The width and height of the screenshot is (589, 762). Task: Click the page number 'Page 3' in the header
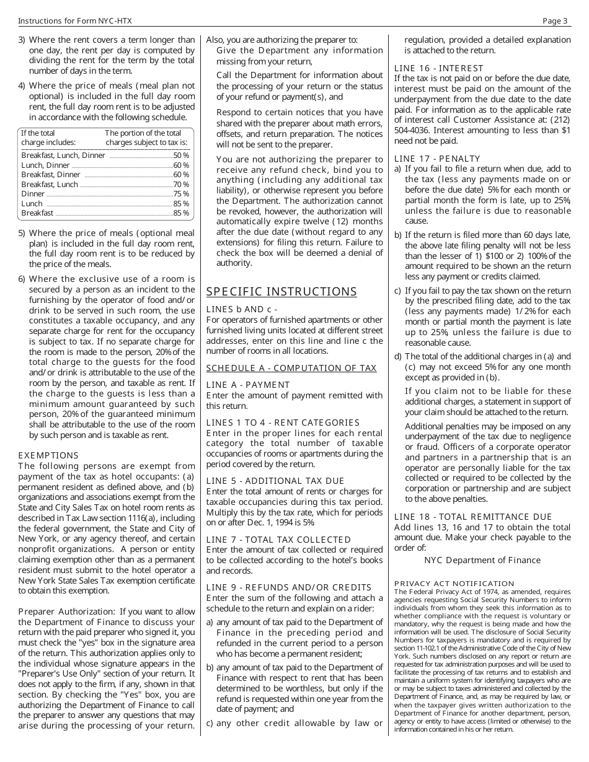click(x=555, y=21)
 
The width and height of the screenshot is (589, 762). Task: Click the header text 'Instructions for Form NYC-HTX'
click(x=75, y=21)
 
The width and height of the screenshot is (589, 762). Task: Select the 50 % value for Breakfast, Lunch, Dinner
click(x=181, y=155)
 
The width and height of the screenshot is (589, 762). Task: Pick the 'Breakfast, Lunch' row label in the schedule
click(x=50, y=184)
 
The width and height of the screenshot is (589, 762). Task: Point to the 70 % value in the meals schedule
click(x=181, y=184)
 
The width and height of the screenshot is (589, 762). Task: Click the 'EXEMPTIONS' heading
click(x=48, y=455)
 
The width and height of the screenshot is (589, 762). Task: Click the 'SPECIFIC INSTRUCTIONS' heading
click(x=281, y=292)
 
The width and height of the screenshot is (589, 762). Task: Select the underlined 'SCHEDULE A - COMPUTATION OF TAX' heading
click(x=291, y=368)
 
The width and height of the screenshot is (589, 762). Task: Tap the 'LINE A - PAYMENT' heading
click(x=248, y=385)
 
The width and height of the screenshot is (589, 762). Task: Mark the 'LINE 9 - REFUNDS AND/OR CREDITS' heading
click(x=289, y=587)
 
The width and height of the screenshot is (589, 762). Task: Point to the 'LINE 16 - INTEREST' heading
click(x=439, y=68)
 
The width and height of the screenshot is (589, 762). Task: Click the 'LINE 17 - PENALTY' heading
click(x=437, y=159)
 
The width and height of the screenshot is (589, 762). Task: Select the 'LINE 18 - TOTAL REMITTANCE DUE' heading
click(x=473, y=517)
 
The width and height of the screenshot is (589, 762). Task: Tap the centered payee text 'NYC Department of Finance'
click(x=482, y=560)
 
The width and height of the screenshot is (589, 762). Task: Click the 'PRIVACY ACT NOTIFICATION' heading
click(x=454, y=584)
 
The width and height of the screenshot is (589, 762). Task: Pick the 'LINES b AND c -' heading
click(x=241, y=309)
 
